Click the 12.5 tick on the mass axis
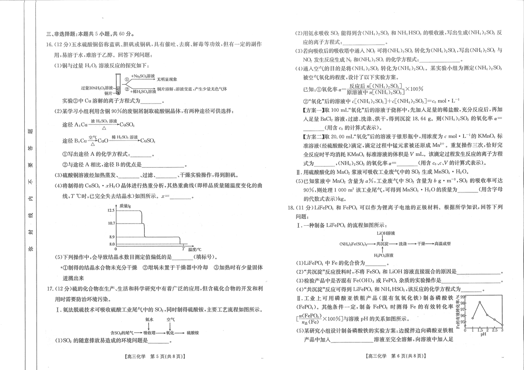[111, 210]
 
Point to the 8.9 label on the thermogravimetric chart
[111, 237]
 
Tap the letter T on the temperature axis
[183, 249]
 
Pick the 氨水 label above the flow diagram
[150, 319]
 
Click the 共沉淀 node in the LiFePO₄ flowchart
[383, 244]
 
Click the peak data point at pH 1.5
[480, 302]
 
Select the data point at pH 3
[502, 325]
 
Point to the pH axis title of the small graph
[483, 334]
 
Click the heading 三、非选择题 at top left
[66, 34]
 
